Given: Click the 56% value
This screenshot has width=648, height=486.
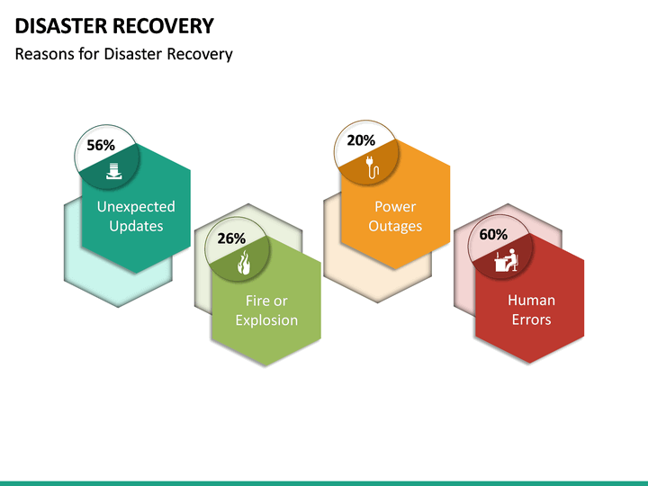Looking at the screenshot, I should (101, 145).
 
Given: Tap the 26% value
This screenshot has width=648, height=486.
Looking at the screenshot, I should (231, 238).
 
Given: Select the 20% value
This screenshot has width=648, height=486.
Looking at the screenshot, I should (361, 140).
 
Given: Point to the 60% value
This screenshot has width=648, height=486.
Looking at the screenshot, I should (493, 234).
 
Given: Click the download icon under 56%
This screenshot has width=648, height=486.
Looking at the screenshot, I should (113, 171).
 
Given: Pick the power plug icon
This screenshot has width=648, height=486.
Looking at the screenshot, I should (373, 164).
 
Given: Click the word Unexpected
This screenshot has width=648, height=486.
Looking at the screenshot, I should (136, 207).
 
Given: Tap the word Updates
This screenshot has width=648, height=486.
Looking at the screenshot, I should (136, 226).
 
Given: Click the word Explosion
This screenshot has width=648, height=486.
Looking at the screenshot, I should (266, 320).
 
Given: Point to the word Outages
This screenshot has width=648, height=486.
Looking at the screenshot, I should (395, 226).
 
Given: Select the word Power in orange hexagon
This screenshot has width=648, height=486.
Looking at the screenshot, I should (395, 207).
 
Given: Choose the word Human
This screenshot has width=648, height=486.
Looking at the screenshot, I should (531, 301).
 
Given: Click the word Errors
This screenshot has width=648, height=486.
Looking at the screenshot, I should (531, 319).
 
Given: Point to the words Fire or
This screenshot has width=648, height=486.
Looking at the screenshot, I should (266, 301).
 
